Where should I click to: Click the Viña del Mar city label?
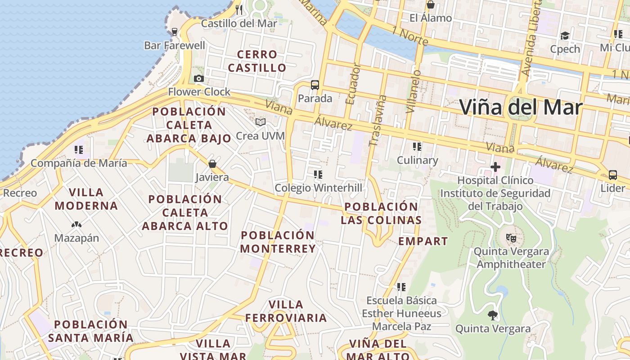[521, 108]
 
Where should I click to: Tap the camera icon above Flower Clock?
[198, 79]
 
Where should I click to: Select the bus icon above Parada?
[315, 85]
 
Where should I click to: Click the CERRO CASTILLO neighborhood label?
[257, 61]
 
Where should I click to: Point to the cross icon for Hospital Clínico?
[495, 167]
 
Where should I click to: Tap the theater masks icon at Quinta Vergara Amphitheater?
[511, 238]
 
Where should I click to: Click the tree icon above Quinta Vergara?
[493, 315]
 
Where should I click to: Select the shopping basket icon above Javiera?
[212, 164]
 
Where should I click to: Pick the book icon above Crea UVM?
[261, 122]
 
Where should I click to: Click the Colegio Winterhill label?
[318, 188]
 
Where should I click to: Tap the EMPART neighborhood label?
[423, 241]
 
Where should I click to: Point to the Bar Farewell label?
[175, 45]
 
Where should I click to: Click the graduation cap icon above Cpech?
[565, 36]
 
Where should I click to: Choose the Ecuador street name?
[352, 84]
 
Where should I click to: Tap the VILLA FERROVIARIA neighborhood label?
[286, 311]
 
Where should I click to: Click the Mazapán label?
[76, 238]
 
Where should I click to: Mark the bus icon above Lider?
[612, 175]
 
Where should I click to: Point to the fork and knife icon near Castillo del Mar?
[239, 9]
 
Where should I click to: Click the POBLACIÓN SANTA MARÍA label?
[91, 331]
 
